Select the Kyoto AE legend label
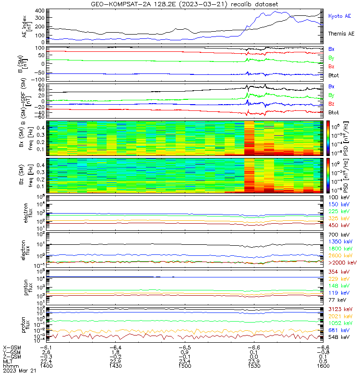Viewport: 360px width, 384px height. [x=341, y=16]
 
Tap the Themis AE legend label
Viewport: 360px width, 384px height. [x=341, y=34]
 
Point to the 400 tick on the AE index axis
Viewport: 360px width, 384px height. [x=40, y=10]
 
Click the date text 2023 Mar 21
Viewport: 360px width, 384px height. [x=19, y=371]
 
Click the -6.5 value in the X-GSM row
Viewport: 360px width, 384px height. [x=184, y=347]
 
